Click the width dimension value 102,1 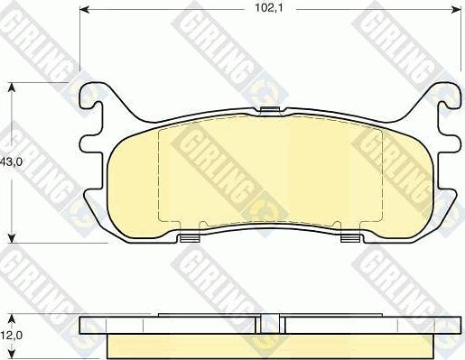click(x=269, y=8)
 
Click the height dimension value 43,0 click(x=11, y=162)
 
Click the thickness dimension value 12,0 click(x=11, y=335)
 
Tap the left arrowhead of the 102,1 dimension click(x=84, y=10)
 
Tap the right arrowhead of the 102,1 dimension click(x=457, y=10)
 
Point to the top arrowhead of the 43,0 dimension click(x=12, y=88)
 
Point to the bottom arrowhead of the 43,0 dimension click(x=12, y=238)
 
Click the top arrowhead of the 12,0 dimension click(x=12, y=318)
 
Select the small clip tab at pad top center click(x=270, y=110)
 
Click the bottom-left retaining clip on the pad click(x=191, y=238)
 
